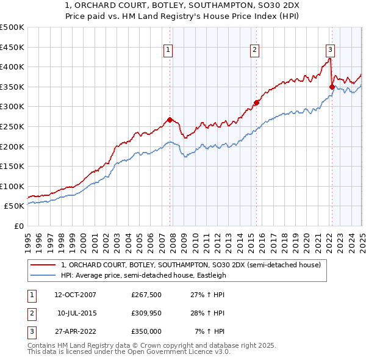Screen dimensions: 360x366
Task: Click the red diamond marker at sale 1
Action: click(x=170, y=120)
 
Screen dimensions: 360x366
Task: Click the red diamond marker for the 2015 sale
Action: click(x=256, y=103)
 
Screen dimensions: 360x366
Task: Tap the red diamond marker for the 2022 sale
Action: click(x=332, y=87)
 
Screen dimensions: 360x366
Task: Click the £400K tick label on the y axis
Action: click(x=12, y=67)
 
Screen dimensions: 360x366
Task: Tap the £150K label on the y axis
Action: click(x=12, y=166)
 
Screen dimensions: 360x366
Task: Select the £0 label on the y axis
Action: click(x=18, y=226)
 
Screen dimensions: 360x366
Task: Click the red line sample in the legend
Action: click(x=43, y=264)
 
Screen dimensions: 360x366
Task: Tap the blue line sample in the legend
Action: click(x=43, y=275)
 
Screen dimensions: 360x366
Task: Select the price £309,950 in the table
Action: click(x=146, y=313)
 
